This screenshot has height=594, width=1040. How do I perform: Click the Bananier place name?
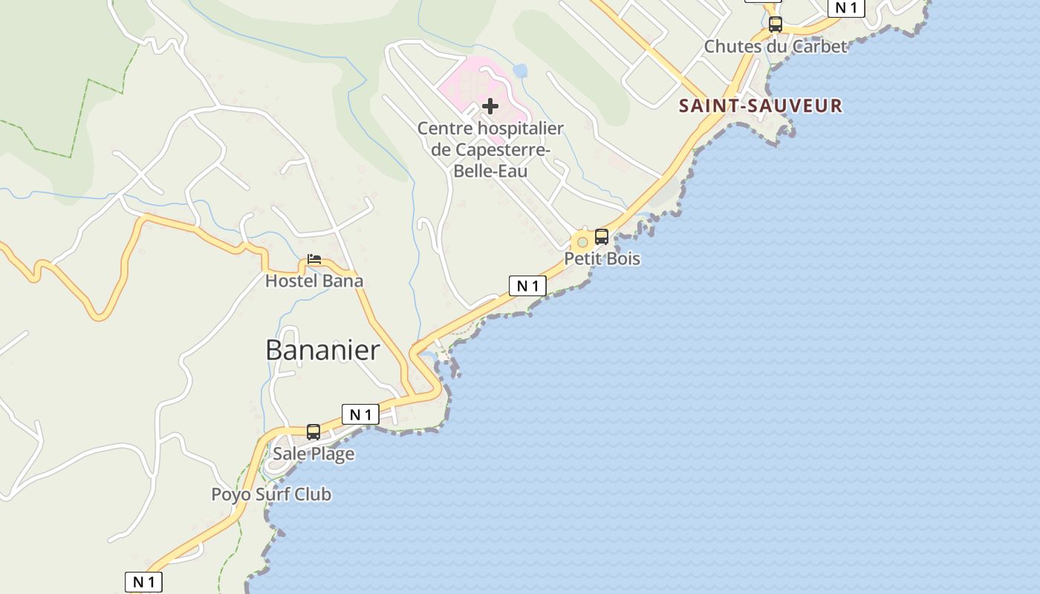322,350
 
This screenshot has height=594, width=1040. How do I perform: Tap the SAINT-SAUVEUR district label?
761,105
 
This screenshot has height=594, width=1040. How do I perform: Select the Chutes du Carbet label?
775,46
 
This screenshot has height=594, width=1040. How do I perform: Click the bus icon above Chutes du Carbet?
776,25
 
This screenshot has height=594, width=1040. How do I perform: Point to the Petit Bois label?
602,258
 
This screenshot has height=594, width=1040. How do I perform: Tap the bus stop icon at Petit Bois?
602,237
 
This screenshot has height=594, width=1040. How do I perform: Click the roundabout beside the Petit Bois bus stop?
582,242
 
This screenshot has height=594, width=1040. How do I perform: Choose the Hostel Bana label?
314,281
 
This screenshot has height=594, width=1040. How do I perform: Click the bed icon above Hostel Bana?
314,259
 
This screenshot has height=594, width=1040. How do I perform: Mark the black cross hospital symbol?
490,106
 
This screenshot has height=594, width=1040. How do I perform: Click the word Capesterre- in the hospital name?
490,149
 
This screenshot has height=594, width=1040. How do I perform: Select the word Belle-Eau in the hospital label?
490,171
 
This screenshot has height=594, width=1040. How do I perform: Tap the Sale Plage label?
313,454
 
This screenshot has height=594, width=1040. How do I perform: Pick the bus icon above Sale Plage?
313,431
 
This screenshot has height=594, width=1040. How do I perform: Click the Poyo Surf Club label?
271,495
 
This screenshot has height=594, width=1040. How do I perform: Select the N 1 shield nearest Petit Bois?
527,286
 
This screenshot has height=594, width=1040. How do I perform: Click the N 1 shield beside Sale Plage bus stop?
360,414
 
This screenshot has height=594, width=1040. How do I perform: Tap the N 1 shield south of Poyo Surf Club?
143,582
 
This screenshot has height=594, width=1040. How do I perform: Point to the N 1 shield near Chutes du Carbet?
846,7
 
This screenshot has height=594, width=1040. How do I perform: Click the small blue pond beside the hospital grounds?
520,71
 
